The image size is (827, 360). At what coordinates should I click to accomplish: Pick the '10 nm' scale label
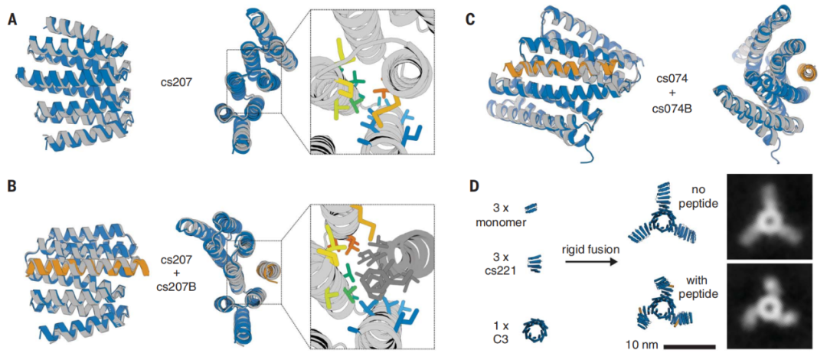coord(639,345)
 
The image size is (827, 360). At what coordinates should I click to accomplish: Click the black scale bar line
coord(689,346)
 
